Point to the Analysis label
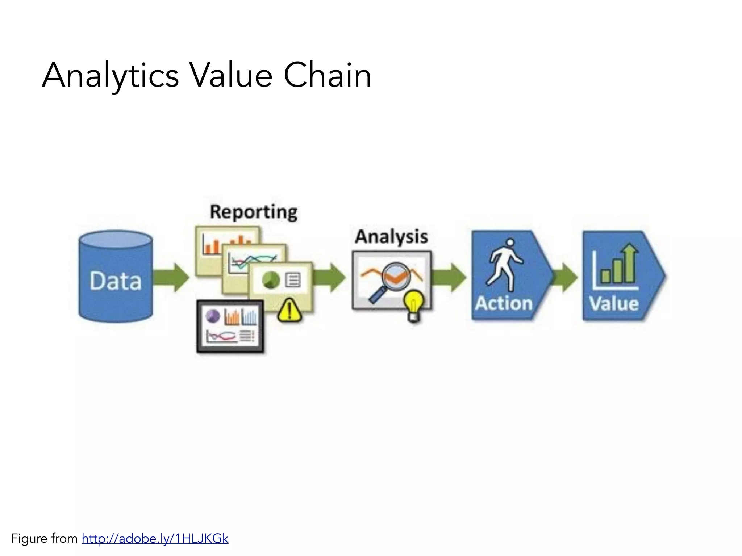point(391,237)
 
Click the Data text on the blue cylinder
point(116,281)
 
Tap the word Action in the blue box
point(504,303)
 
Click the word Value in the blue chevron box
point(614,303)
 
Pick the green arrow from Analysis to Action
point(449,277)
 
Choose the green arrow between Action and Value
point(566,277)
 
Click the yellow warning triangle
point(289,310)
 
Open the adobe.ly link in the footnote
point(155,539)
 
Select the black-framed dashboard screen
point(230,327)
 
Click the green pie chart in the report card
point(271,279)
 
